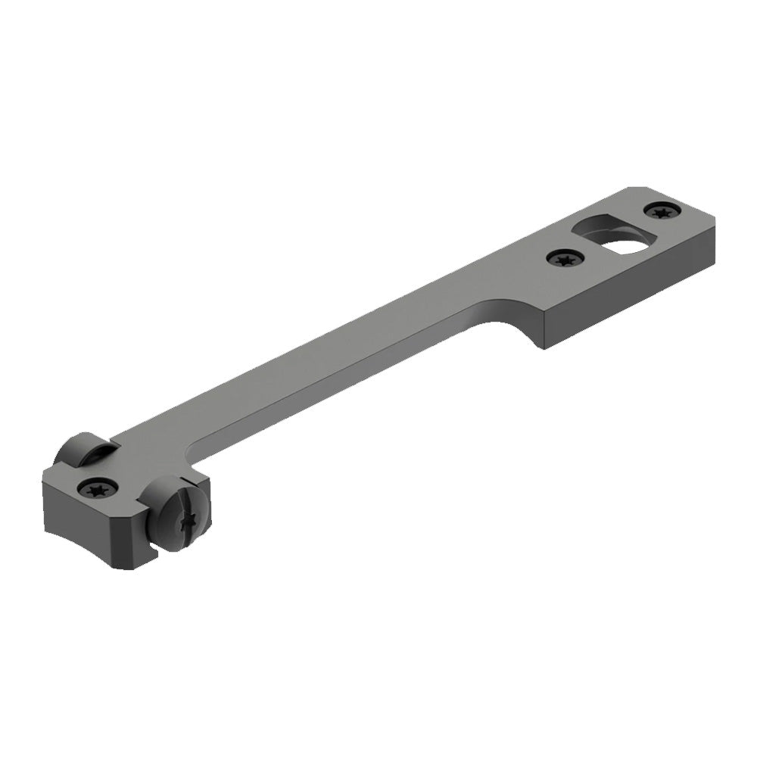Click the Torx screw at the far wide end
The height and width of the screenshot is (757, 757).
(661, 211)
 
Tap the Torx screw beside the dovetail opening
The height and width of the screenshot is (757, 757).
(565, 260)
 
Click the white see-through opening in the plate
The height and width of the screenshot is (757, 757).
(627, 245)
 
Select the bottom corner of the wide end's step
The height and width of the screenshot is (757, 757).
(544, 347)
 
